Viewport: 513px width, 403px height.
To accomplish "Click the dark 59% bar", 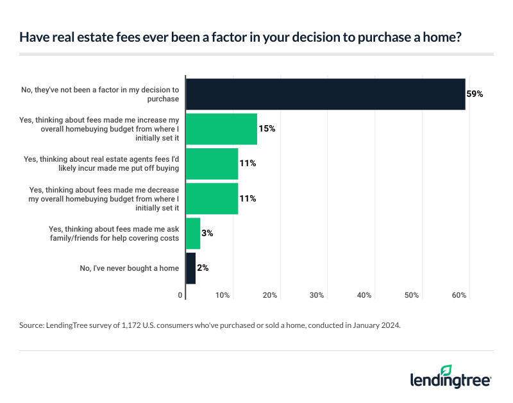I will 325,94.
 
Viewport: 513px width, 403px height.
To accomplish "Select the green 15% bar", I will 221,129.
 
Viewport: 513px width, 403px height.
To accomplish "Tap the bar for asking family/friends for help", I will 193,234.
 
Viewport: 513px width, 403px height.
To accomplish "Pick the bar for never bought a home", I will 190,268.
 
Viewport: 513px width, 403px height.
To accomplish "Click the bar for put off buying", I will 212,164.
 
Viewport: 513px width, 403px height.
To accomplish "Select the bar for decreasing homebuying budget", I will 212,198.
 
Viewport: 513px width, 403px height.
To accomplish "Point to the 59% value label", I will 475,94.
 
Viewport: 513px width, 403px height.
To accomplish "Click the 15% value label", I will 267,129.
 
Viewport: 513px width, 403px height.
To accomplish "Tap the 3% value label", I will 206,234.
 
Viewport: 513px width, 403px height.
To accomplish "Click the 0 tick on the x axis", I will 180,295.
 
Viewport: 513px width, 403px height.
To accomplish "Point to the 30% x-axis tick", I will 317,295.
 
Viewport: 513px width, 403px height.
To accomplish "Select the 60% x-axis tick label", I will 459,295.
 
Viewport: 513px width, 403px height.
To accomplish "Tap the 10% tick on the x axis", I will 223,295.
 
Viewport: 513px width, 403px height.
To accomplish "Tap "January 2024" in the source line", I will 373,326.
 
